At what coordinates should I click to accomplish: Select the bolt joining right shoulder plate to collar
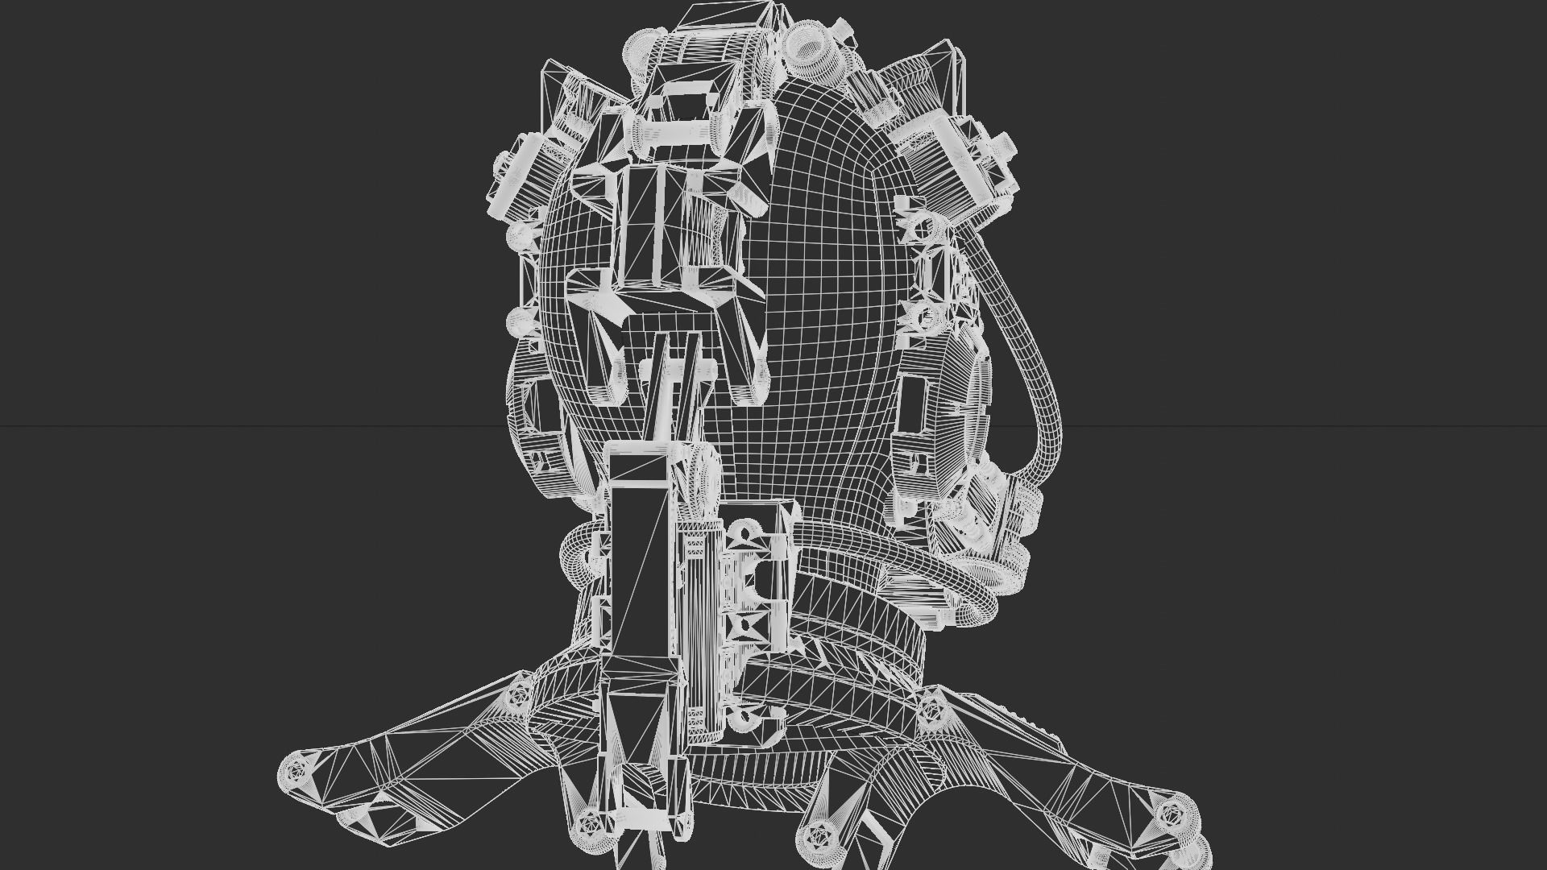click(x=931, y=709)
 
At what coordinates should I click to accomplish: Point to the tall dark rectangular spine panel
click(x=639, y=564)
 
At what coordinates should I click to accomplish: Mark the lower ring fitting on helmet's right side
click(x=927, y=319)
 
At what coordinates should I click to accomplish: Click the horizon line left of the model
click(x=242, y=425)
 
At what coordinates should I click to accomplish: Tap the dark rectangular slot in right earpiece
click(x=913, y=403)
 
